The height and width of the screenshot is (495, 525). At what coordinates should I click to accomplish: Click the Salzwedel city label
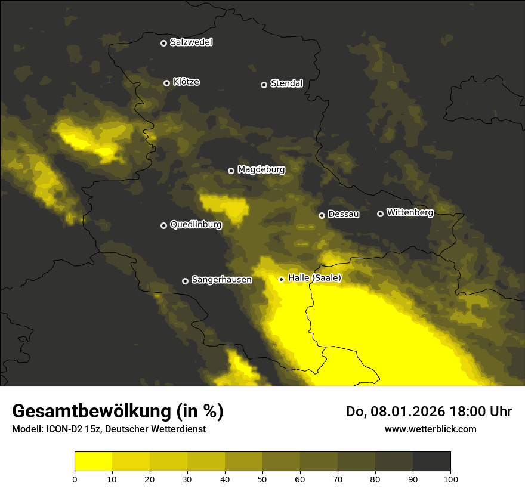pyautogui.click(x=191, y=42)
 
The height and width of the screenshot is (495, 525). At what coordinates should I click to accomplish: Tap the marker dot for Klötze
pyautogui.click(x=167, y=83)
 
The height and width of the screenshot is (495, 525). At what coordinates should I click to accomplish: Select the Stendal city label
pyautogui.click(x=286, y=83)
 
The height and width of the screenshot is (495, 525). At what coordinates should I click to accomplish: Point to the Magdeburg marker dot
pyautogui.click(x=231, y=171)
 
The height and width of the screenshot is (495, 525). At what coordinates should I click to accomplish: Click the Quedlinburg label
pyautogui.click(x=196, y=225)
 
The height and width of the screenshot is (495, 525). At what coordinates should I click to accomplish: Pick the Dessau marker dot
pyautogui.click(x=322, y=215)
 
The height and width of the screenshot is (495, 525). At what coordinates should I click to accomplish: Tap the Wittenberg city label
pyautogui.click(x=410, y=212)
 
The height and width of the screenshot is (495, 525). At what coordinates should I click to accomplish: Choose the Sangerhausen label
pyautogui.click(x=221, y=279)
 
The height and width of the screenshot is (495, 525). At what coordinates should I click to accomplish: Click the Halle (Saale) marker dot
pyautogui.click(x=282, y=279)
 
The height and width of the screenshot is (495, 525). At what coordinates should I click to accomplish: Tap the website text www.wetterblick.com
pyautogui.click(x=431, y=429)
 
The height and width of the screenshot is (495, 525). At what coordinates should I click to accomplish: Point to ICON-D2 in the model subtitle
pyautogui.click(x=64, y=429)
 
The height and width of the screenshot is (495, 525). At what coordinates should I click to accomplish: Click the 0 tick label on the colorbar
pyautogui.click(x=75, y=479)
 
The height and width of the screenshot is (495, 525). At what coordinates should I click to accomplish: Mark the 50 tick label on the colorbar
pyautogui.click(x=262, y=479)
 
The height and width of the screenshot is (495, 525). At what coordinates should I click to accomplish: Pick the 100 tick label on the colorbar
pyautogui.click(x=450, y=479)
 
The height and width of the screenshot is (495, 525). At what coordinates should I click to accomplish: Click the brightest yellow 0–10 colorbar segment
pyautogui.click(x=93, y=462)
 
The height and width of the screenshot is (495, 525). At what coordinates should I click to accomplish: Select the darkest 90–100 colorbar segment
pyautogui.click(x=431, y=462)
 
